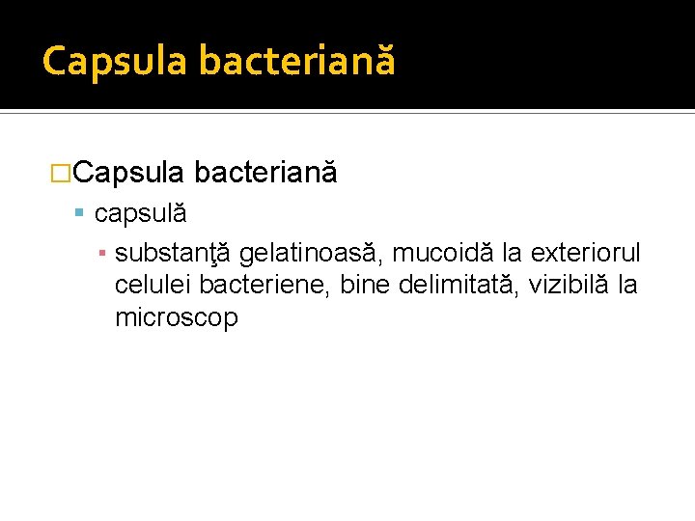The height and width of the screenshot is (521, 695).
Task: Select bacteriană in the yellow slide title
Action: tap(297, 60)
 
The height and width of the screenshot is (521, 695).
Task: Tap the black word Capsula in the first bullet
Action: tap(127, 173)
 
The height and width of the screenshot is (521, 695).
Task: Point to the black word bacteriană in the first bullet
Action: tap(265, 173)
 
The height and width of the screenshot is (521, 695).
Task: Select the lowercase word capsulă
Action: tap(140, 213)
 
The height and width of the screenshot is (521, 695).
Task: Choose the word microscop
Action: tap(176, 318)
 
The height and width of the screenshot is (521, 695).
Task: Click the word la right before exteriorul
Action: tap(513, 254)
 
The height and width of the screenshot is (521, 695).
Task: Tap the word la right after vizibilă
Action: tap(627, 286)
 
